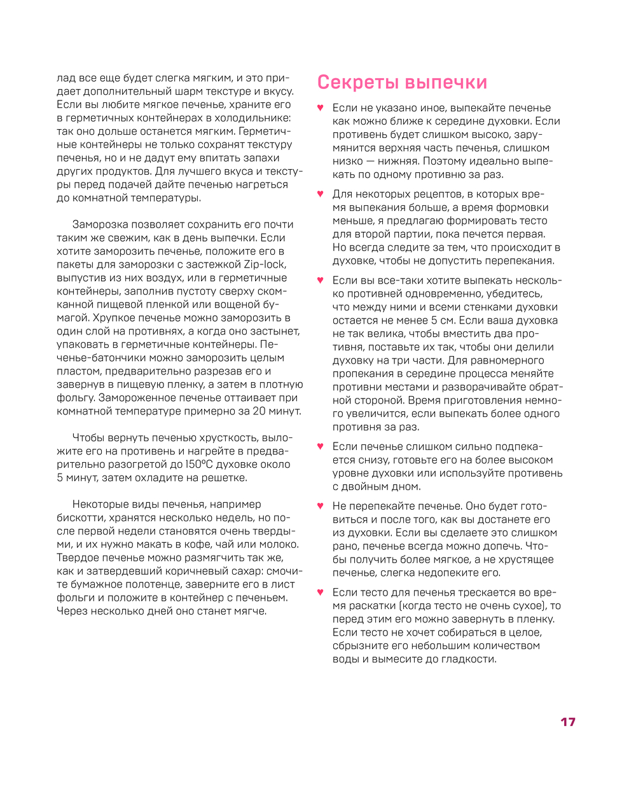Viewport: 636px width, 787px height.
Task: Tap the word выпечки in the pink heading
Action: (x=446, y=83)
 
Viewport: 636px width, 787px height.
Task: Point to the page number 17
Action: (x=568, y=722)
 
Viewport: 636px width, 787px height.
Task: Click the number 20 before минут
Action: (x=259, y=411)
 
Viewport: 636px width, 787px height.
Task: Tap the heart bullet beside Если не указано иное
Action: (x=321, y=108)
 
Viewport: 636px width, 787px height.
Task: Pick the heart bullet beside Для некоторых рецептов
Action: (x=321, y=195)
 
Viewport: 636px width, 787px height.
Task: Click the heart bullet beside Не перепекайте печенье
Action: (x=321, y=507)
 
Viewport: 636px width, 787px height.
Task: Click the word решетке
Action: (x=225, y=478)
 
